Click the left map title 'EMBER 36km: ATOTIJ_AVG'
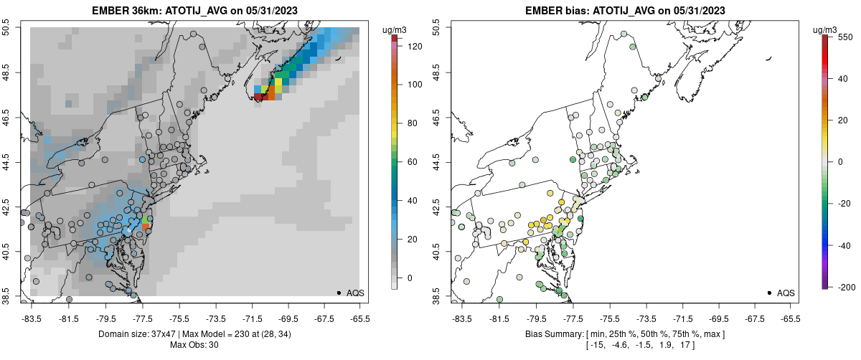click(x=158, y=11)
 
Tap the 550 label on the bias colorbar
click(x=844, y=37)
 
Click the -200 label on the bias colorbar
click(x=844, y=287)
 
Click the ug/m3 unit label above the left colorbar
click(x=395, y=29)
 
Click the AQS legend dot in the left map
click(x=338, y=293)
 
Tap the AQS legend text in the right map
click(x=786, y=293)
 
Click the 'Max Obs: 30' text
click(x=194, y=345)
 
